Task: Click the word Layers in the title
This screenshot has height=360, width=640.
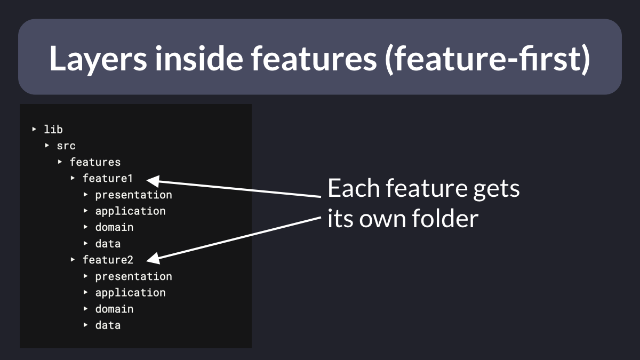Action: click(x=98, y=59)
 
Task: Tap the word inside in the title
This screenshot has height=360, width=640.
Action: click(x=199, y=58)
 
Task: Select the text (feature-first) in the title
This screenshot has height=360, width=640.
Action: click(x=487, y=59)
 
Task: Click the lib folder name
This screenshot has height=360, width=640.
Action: click(x=53, y=130)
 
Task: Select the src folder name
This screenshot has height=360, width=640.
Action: click(x=66, y=146)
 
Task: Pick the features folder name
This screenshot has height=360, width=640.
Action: click(x=95, y=162)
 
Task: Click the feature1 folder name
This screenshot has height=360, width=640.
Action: click(x=108, y=178)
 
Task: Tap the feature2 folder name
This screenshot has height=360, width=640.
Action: click(x=108, y=260)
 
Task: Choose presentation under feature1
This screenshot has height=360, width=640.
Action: click(x=134, y=195)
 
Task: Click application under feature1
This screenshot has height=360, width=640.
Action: click(x=131, y=211)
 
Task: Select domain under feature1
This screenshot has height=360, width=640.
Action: click(x=114, y=227)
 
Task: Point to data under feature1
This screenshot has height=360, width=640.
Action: click(x=108, y=244)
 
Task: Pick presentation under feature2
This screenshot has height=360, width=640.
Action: click(x=134, y=277)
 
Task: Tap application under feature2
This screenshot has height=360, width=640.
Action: click(x=131, y=293)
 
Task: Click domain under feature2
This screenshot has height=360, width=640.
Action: click(x=114, y=309)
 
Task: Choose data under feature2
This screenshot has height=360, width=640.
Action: click(x=108, y=325)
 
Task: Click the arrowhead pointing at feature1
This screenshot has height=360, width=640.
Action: click(x=153, y=181)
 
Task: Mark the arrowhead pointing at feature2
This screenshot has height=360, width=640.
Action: click(x=153, y=258)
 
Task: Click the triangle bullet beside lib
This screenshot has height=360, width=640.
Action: click(x=34, y=129)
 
